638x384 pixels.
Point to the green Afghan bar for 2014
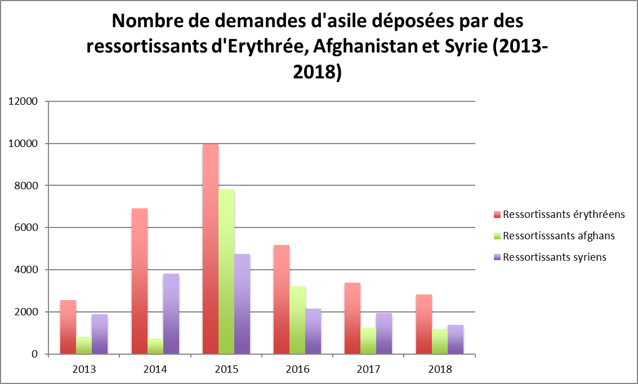(x=155, y=346)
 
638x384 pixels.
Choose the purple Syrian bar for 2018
(x=456, y=340)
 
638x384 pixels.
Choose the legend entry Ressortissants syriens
(x=554, y=257)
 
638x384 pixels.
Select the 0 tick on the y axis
(x=35, y=354)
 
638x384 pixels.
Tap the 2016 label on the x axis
(x=297, y=370)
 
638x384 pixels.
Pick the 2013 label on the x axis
(x=84, y=370)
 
